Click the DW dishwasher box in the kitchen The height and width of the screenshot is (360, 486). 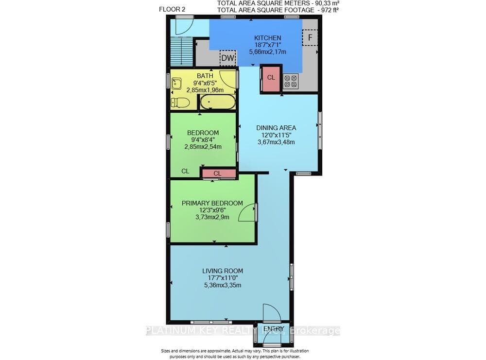tap(227, 58)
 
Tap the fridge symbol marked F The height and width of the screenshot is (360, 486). tap(310, 37)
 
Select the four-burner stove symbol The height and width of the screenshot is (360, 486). tap(291, 81)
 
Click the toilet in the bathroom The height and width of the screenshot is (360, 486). tap(180, 103)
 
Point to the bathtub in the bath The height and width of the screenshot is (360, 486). tap(217, 102)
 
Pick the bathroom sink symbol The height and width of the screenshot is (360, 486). tap(176, 84)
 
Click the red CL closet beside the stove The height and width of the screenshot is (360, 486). tap(271, 78)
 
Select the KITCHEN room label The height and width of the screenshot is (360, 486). tap(267, 38)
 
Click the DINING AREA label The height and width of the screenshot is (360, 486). tap(276, 128)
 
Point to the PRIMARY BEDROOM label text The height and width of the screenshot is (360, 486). tap(212, 203)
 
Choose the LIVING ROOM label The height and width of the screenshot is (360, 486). tap(223, 271)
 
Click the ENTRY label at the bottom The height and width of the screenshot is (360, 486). tap(274, 329)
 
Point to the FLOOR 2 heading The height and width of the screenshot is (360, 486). tap(172, 9)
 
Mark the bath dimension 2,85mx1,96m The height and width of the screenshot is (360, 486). tap(205, 90)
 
